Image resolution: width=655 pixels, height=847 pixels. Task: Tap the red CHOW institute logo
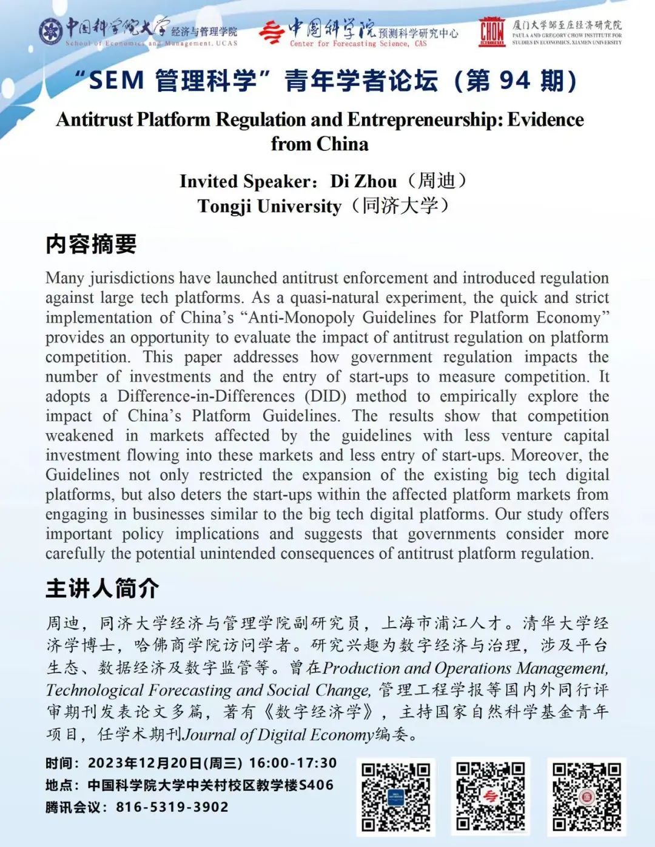pos(491,32)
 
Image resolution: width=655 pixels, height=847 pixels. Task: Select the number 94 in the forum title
pos(514,81)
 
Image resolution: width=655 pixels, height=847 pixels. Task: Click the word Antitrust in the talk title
pos(95,119)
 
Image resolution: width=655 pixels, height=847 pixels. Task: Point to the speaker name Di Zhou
pos(363,181)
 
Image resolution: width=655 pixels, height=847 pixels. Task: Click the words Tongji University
pos(269,206)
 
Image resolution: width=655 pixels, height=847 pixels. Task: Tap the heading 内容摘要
pos(91,244)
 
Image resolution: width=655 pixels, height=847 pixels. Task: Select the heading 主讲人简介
pos(102,588)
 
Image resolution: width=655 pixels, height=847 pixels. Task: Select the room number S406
pos(316,785)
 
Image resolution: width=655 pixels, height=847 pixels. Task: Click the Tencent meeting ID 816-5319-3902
pos(172,807)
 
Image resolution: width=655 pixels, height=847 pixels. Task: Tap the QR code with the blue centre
pos(395,796)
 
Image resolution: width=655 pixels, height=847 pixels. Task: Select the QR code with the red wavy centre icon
pos(491,796)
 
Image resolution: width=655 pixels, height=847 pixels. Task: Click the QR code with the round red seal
pos(586,796)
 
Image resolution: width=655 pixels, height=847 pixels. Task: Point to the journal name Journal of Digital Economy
pos(278,735)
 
